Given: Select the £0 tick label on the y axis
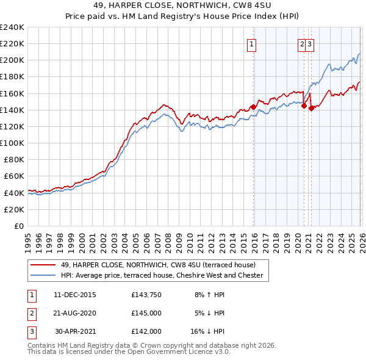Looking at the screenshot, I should point(18,226).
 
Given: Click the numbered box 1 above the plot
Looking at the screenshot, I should point(252,43).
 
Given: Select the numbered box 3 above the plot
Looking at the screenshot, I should point(310,43).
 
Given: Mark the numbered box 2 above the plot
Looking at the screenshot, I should point(302,43).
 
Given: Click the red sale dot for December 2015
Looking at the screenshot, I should point(253,106).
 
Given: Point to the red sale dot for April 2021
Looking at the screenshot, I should point(311,108).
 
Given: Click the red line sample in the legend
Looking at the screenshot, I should point(43,265).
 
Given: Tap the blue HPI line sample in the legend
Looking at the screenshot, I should point(43,275).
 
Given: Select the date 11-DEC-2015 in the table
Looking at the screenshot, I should point(74,295).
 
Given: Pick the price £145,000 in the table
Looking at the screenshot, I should point(146,313).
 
